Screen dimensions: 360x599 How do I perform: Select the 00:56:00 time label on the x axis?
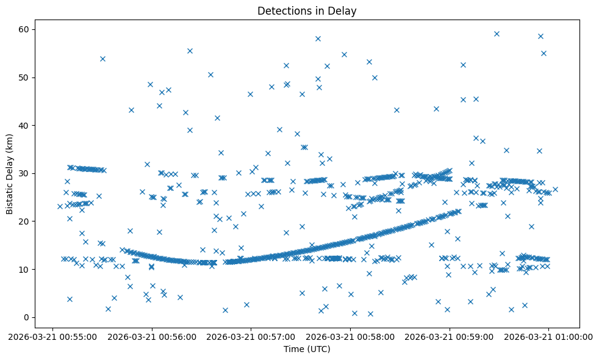(x=152, y=336)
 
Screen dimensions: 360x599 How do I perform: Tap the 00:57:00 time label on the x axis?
(x=251, y=336)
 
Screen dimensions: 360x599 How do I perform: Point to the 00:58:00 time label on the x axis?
(x=351, y=336)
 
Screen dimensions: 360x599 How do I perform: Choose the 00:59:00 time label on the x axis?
(x=450, y=336)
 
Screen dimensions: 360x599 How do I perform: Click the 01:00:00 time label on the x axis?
(x=549, y=336)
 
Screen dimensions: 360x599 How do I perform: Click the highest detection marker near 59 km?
(x=497, y=34)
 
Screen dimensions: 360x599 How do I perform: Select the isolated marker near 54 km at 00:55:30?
(x=102, y=59)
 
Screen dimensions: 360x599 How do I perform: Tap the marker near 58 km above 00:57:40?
(x=318, y=38)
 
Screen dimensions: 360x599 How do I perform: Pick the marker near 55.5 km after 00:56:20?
(x=190, y=51)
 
